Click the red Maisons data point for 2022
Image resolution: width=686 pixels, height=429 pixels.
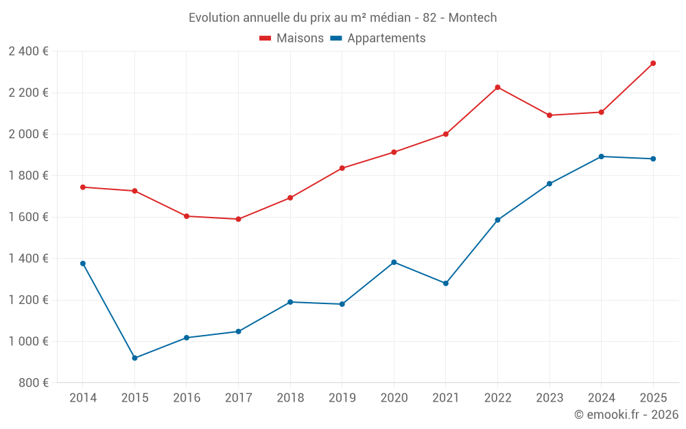point(497,87)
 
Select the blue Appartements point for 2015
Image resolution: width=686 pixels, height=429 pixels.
point(134,358)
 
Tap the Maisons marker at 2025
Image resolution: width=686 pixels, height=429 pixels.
point(653,63)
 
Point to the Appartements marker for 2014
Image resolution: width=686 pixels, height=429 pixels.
point(83,264)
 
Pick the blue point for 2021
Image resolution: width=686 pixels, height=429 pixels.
point(446,283)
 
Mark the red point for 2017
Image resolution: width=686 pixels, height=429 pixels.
point(238,220)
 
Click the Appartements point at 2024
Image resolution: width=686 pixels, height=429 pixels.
point(602,156)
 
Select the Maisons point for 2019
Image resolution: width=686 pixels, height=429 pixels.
point(342,168)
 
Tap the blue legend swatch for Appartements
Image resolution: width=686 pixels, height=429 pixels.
point(336,38)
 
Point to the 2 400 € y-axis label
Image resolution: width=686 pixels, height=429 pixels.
point(28,51)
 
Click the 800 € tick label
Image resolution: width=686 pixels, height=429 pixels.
point(33,383)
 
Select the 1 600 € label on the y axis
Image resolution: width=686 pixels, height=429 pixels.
point(28,217)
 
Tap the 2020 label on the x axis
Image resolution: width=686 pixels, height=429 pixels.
point(394,398)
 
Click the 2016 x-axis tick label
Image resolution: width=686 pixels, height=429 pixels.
point(187,398)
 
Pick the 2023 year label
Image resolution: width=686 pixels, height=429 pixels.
point(549,398)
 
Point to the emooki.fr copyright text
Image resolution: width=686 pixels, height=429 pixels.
point(626,415)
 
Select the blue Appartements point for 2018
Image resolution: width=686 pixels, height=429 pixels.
point(290,302)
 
